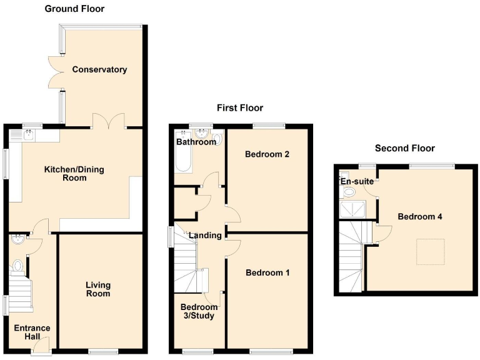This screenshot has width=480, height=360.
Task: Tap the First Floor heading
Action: click(240, 108)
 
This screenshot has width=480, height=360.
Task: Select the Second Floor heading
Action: click(404, 148)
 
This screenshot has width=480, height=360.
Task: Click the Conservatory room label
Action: click(99, 69)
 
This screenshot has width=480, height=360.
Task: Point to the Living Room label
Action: click(98, 289)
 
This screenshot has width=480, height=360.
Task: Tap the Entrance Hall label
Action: click(32, 332)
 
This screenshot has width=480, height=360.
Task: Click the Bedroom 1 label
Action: click(267, 272)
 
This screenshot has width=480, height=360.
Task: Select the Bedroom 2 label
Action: click(267, 154)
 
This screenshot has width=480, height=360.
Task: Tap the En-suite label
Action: click(357, 181)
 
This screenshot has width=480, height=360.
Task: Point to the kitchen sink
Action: click(29, 133)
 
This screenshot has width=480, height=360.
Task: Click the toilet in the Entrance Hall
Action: click(17, 267)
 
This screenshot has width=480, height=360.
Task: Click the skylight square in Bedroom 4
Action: click(430, 251)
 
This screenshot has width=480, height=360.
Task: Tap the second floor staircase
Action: click(350, 256)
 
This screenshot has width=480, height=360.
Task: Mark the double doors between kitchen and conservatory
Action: click(109, 121)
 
